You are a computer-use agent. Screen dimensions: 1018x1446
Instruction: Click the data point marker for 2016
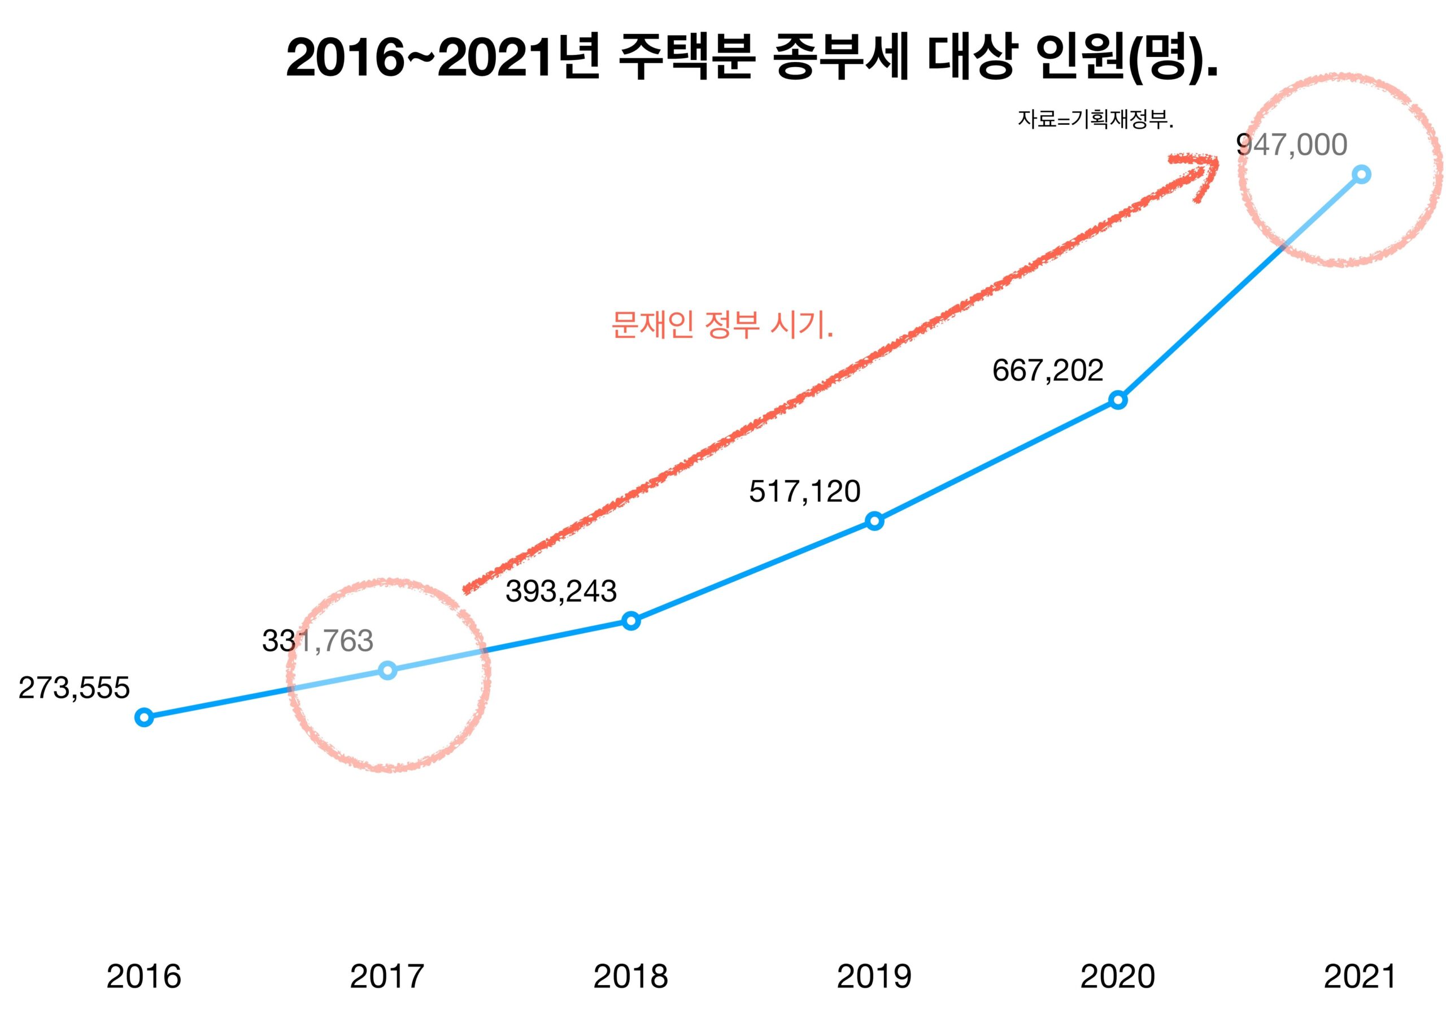point(144,717)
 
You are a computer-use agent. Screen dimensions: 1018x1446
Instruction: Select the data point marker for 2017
point(388,669)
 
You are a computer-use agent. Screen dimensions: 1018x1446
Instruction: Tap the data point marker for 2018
point(631,621)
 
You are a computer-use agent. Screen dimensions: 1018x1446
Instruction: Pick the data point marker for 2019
point(874,521)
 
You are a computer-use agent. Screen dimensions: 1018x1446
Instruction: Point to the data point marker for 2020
point(1118,400)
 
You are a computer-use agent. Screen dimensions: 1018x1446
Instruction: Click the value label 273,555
point(75,688)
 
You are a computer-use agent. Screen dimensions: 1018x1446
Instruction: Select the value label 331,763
point(318,641)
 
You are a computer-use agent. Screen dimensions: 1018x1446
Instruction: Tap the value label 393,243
point(561,591)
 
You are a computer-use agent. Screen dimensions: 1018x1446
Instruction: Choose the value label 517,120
point(805,492)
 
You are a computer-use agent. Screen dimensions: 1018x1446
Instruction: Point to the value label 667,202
point(1048,371)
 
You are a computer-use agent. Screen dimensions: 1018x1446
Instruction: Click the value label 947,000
point(1292,145)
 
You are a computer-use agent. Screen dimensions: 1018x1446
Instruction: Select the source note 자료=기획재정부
point(1095,120)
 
